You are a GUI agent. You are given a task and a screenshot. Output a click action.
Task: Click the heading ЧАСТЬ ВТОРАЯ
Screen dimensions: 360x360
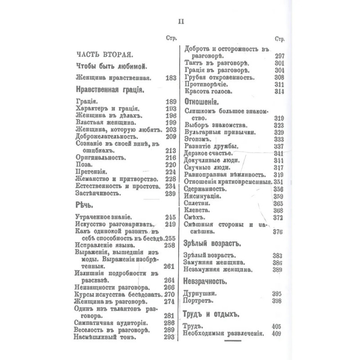coord(103,55)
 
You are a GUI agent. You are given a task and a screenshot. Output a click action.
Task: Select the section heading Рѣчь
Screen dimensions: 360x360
coord(84,205)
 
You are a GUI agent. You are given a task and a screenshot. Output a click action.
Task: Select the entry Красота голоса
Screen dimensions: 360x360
coord(208,91)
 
